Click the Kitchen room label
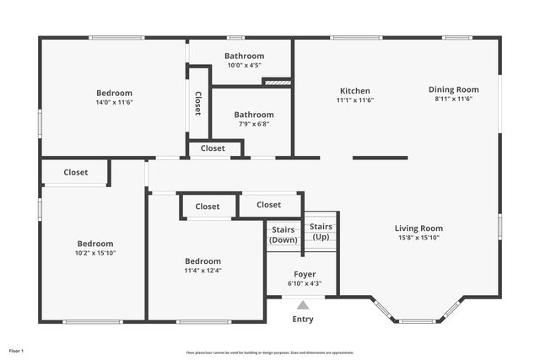coord(354,91)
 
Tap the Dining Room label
coord(453,89)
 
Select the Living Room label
coord(418,228)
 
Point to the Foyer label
coord(305,275)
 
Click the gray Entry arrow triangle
coord(303,305)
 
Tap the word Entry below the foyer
coord(303,320)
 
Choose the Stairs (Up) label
coord(321,232)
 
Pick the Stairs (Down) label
coord(283,234)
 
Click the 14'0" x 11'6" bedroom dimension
coord(114,102)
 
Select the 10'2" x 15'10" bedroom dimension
coord(95,253)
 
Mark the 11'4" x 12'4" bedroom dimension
coord(203,271)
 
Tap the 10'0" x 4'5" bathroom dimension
coord(244,65)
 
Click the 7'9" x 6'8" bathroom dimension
coord(254,124)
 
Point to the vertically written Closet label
coord(198,103)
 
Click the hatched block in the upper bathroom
coord(277,82)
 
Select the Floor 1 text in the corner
coord(17,350)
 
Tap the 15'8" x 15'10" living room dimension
coord(418,238)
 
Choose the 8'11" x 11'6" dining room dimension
coord(453,99)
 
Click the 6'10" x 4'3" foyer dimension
coord(305,284)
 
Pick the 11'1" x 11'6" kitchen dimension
coord(354,100)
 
